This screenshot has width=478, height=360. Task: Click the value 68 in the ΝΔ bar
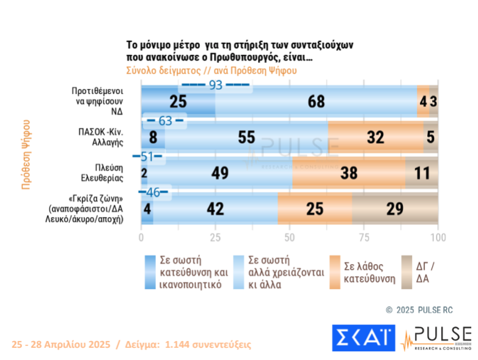tap(317, 101)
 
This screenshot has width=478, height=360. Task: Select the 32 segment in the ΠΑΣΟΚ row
tap(375, 137)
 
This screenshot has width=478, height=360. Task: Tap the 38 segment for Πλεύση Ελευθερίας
tap(348, 173)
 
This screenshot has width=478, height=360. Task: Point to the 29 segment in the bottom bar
tap(395, 208)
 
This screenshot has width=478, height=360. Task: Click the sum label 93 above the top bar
tap(215, 85)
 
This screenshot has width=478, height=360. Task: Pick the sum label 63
tap(165, 120)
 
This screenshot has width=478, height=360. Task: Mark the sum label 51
tap(147, 156)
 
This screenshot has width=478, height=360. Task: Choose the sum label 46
tap(153, 192)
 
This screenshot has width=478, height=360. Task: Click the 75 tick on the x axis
tap(364, 237)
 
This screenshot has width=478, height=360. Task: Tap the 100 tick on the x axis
tap(438, 237)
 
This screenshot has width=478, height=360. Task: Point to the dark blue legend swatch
tap(148, 272)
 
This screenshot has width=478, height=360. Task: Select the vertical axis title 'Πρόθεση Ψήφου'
tap(26, 154)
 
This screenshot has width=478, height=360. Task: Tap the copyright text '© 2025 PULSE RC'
tap(418, 310)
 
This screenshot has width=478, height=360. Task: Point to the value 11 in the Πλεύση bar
tap(422, 173)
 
